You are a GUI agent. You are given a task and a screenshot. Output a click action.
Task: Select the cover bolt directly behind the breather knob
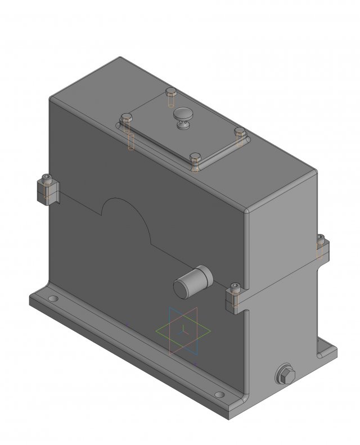tap(172, 93)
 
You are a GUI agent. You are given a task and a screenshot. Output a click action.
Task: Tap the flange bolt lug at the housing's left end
tap(48, 190)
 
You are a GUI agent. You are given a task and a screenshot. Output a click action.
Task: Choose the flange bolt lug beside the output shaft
tap(235, 298)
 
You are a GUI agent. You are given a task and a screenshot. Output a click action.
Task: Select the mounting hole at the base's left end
tap(52, 299)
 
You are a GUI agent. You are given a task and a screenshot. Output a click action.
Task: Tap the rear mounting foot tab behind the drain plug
tap(327, 352)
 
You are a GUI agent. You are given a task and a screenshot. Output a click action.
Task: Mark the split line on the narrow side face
tap(281, 278)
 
